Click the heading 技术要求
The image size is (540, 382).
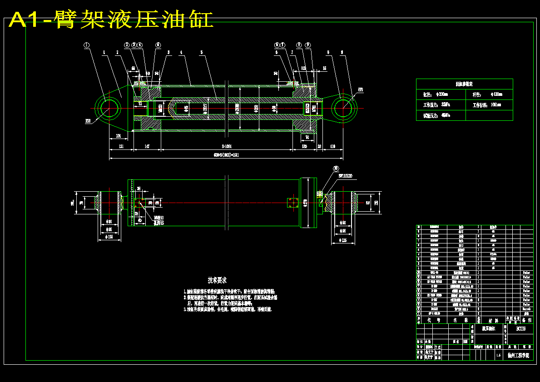pos(218,280)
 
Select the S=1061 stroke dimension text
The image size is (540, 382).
pos(226,147)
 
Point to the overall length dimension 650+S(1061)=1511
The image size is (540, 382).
pos(226,155)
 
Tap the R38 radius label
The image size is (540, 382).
pos(88,121)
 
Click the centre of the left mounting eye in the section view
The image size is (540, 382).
pos(109,108)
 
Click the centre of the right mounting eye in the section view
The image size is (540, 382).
pos(344,108)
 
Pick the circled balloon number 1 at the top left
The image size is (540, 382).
pos(87,45)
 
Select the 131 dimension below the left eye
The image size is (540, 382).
pos(121,147)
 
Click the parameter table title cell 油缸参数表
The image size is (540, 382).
pos(464,84)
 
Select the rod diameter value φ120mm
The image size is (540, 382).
pos(497,94)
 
